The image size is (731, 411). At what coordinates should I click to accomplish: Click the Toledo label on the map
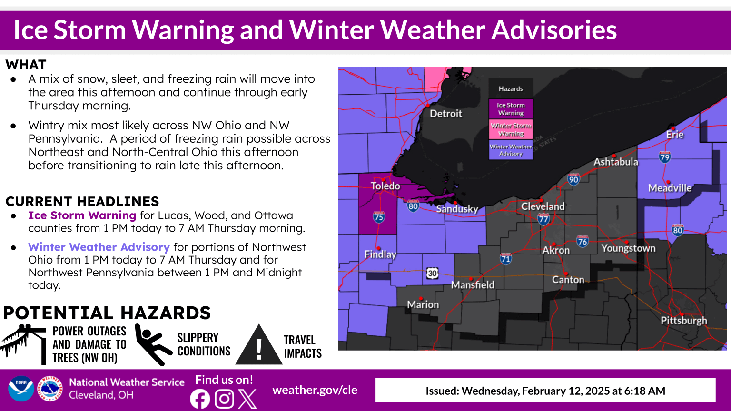coord(385,186)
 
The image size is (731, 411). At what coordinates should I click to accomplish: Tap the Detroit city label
coord(445,113)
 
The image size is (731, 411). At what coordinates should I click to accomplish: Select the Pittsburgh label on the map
coord(683,320)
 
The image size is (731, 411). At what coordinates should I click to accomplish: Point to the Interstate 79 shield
coord(665,157)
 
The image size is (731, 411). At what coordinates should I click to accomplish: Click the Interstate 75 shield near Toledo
coord(379,217)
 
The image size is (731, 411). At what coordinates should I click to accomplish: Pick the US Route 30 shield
coord(432,273)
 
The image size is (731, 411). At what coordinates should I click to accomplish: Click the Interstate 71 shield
coord(505,258)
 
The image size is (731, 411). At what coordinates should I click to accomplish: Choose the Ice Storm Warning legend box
coord(511,109)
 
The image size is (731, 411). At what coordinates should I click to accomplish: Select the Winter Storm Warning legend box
coord(511,129)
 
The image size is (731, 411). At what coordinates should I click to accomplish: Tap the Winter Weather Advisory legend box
coord(511,150)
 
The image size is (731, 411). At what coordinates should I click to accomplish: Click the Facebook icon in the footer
coord(200,399)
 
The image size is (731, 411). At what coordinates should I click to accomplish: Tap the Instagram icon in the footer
coord(224,399)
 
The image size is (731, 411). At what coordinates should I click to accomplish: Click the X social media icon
coord(247,399)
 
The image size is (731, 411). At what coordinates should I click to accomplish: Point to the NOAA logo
coord(21,389)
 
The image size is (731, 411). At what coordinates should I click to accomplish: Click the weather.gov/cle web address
coord(315,390)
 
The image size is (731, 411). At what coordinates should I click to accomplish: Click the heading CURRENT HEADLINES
coord(82,201)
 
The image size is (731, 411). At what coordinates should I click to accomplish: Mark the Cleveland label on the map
coord(543,206)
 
